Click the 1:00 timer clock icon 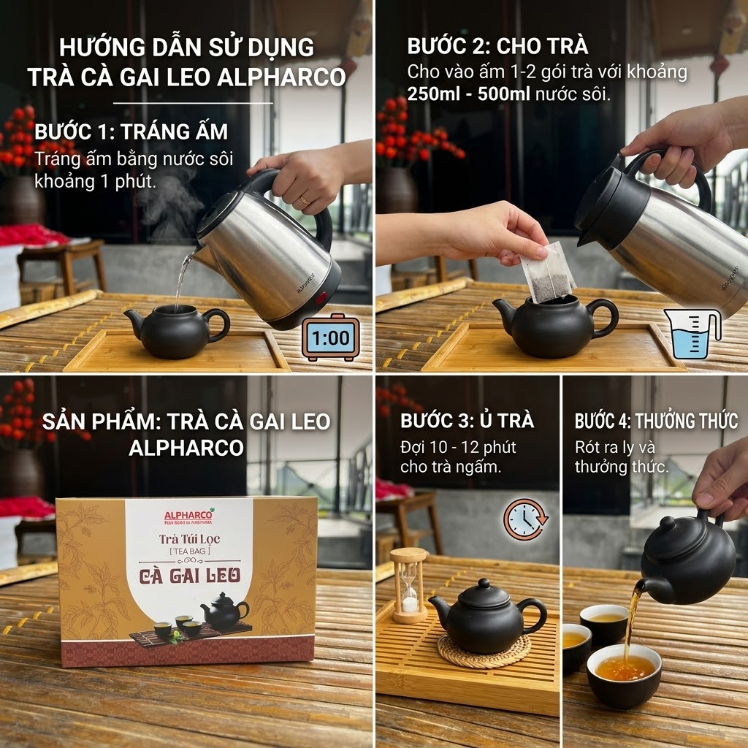[330, 337]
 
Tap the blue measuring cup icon [692, 334]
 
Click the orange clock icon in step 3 [523, 519]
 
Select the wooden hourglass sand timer [409, 585]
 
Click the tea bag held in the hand [548, 272]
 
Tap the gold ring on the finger [305, 200]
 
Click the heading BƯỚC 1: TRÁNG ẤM [131, 132]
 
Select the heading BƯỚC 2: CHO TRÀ [497, 46]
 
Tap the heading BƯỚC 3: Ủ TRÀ [467, 421]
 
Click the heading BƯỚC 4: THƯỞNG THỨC [656, 421]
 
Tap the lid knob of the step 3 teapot [483, 584]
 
